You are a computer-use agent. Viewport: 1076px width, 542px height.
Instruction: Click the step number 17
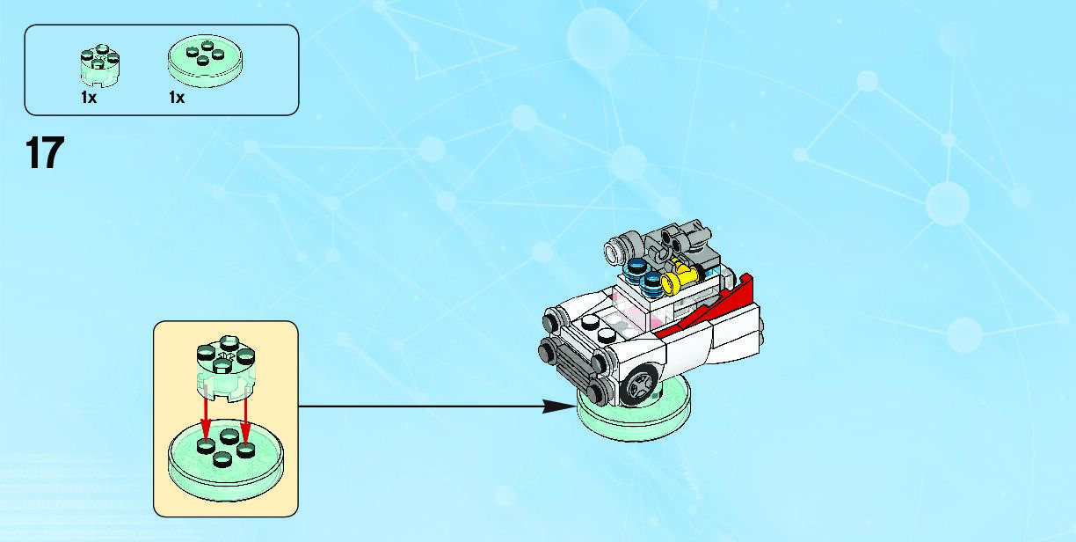coord(45,153)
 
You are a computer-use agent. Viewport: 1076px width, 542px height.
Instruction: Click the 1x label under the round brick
coord(88,99)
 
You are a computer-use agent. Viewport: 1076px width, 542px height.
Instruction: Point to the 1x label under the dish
coord(177,99)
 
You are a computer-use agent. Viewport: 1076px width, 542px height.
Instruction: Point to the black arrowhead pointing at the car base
coord(557,406)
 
